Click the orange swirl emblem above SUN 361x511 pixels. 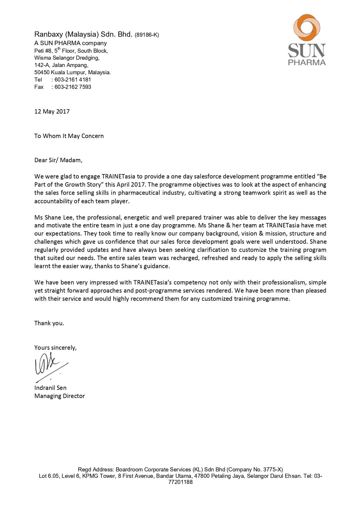(307, 28)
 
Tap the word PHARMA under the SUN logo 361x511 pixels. (307, 62)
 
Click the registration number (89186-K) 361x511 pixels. (147, 35)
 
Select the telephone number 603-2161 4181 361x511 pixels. (73, 79)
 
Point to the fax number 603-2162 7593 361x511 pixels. (73, 87)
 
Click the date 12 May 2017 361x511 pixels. (52, 111)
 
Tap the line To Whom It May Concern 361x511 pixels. (69, 136)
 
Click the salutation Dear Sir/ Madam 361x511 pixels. (58, 160)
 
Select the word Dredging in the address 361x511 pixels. (88, 58)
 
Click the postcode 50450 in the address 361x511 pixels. (42, 72)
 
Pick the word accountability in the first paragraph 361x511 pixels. (53, 201)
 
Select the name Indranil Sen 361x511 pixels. (50, 388)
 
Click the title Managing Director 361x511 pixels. (60, 396)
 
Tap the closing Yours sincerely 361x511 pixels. (55, 347)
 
